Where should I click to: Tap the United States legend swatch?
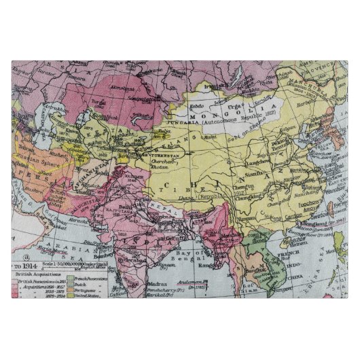click(70, 297)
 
